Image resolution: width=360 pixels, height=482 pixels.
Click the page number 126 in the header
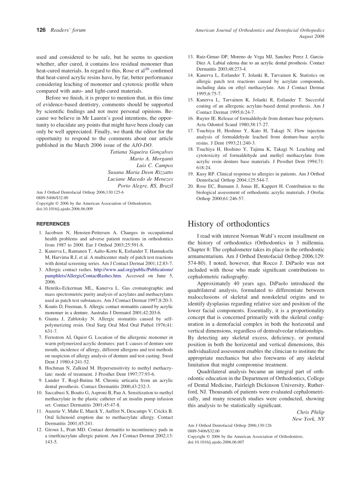pyautogui.click(x=41, y=30)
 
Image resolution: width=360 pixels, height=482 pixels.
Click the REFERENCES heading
pyautogui.click(x=53, y=224)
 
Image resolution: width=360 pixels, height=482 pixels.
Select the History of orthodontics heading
pyautogui.click(x=229, y=224)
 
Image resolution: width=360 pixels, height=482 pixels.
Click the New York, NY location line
pyautogui.click(x=308, y=419)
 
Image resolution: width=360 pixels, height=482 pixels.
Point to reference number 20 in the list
pyautogui.click(x=191, y=186)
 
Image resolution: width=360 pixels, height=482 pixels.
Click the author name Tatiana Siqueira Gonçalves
pyautogui.click(x=141, y=152)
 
